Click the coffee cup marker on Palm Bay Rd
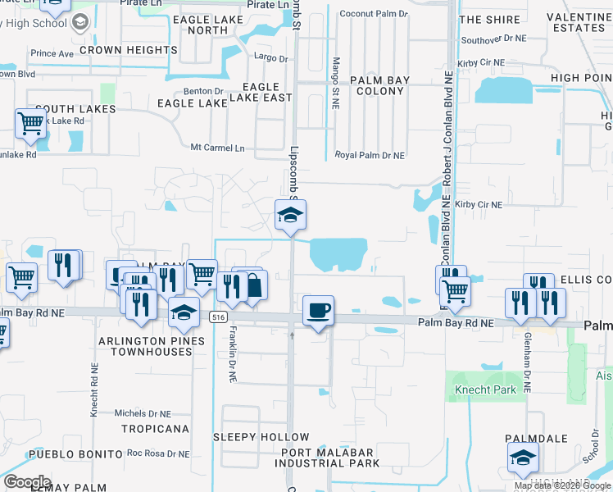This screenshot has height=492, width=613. (x=318, y=312)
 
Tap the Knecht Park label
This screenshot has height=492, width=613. (x=487, y=389)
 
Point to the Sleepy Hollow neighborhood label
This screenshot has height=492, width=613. (x=261, y=437)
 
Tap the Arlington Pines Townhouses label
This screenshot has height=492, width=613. (x=146, y=346)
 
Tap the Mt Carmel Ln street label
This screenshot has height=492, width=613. (x=217, y=148)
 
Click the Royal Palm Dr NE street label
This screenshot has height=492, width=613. (x=370, y=155)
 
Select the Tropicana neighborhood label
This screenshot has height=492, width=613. (x=155, y=429)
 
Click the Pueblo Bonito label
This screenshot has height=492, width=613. (x=63, y=453)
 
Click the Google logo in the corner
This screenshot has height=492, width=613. (x=27, y=482)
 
